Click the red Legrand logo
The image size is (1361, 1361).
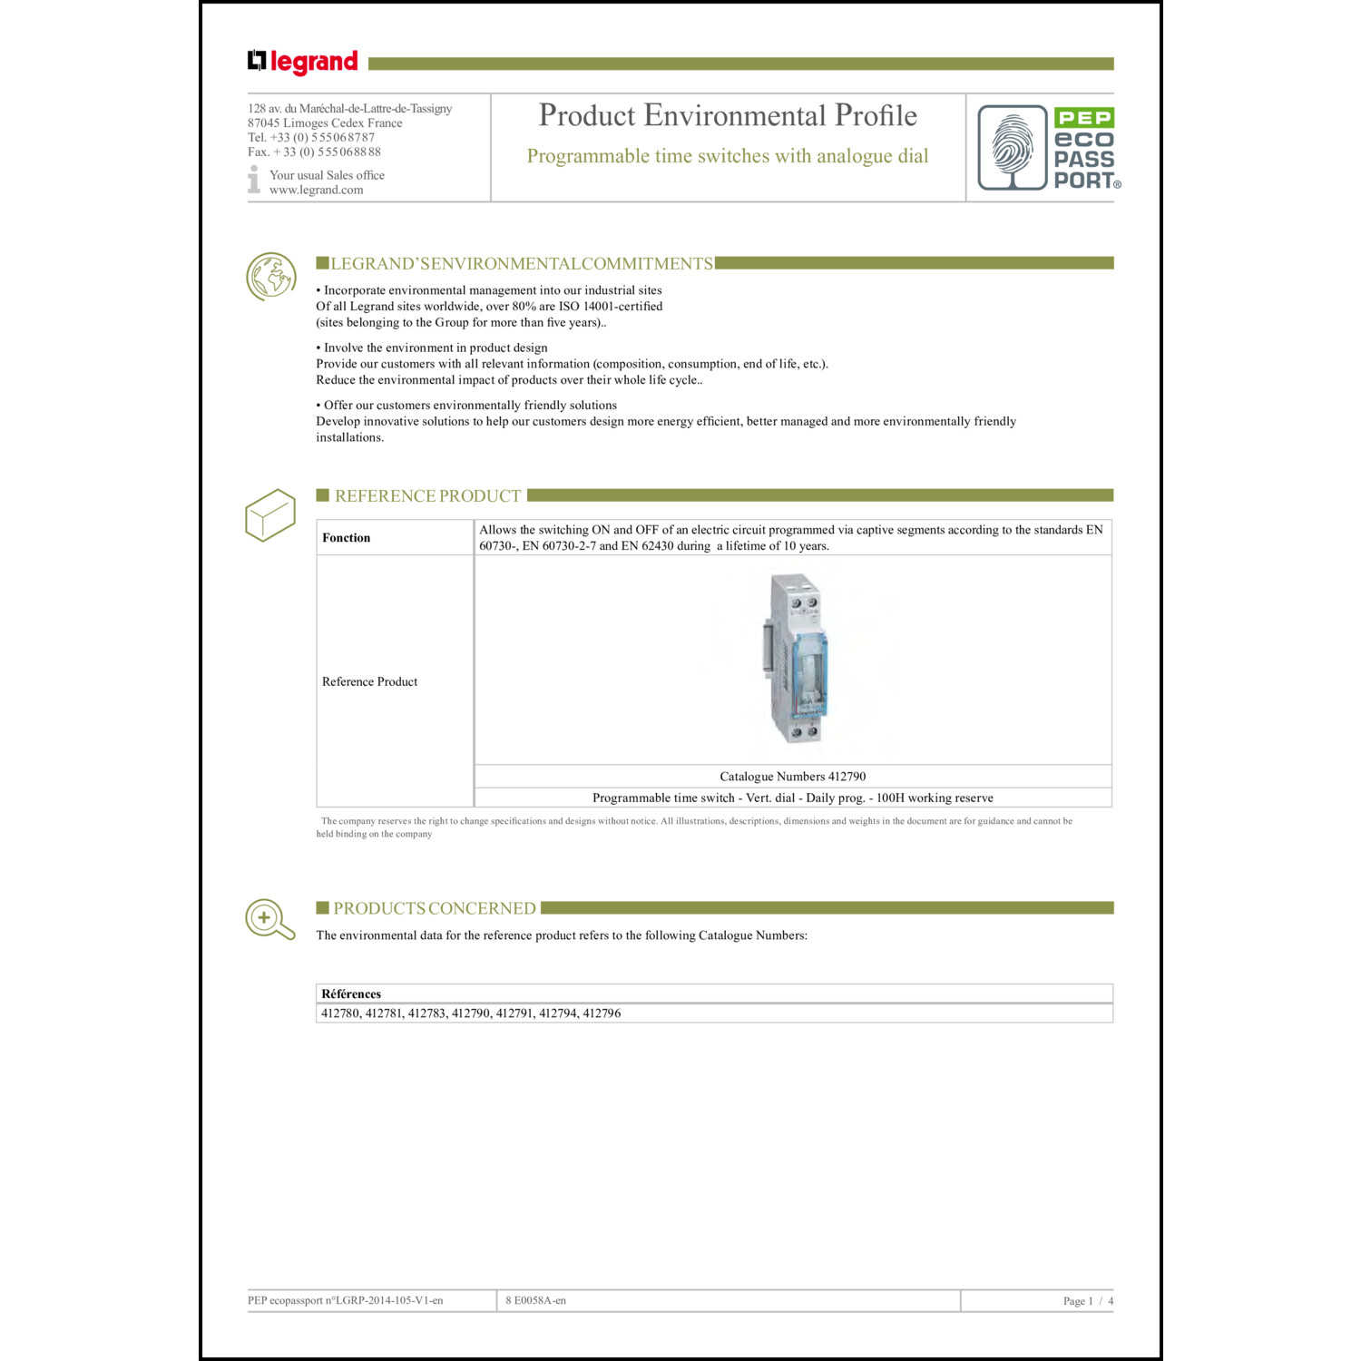click(303, 62)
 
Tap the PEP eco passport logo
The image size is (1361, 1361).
click(1049, 148)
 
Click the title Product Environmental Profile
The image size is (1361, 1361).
click(728, 115)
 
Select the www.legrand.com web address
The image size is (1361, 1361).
click(316, 190)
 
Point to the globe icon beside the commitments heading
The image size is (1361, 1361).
click(270, 276)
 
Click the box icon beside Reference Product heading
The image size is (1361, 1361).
click(270, 514)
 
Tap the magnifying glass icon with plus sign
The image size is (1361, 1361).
click(269, 919)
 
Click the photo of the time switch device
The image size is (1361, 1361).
click(795, 658)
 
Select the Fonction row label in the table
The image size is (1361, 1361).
click(347, 538)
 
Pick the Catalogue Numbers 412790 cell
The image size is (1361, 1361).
click(792, 777)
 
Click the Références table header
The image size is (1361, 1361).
click(351, 994)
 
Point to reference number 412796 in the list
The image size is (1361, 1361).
click(602, 1013)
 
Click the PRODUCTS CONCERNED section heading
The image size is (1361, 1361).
click(434, 908)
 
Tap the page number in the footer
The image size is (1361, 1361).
click(1087, 1301)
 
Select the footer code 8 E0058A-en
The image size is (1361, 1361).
click(535, 1300)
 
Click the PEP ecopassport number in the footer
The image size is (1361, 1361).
click(346, 1300)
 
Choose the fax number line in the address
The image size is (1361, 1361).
click(314, 152)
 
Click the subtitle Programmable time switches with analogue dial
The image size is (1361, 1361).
click(728, 156)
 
